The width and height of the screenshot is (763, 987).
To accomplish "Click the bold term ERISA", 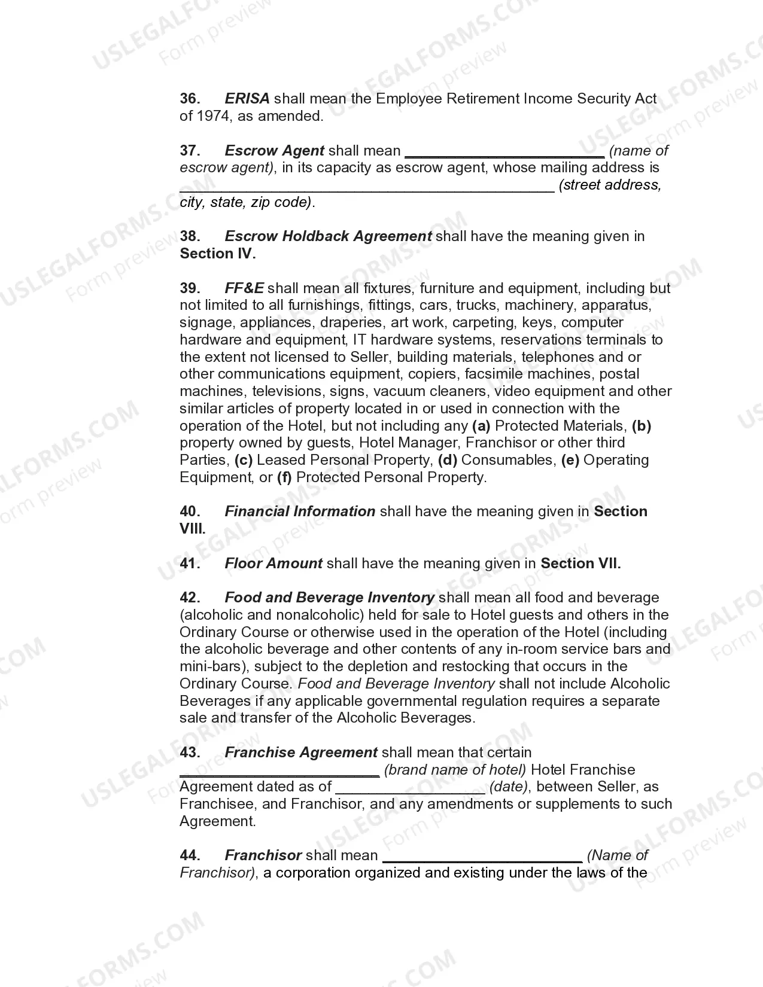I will [247, 99].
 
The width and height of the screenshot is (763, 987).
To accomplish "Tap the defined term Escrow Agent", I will [274, 151].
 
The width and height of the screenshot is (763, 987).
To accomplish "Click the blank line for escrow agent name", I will [504, 152].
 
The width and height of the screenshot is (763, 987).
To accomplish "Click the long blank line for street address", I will [366, 187].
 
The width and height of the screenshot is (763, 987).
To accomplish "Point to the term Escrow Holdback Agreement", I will [327, 236].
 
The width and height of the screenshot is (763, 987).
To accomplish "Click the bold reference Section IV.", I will [218, 254].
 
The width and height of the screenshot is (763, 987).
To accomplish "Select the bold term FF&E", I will [244, 288].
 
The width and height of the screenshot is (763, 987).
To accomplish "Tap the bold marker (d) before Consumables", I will [447, 460].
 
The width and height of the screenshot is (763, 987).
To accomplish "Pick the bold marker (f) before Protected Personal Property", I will [284, 477].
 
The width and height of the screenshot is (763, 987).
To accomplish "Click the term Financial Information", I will [299, 511].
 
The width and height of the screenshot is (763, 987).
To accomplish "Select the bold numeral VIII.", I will [192, 529].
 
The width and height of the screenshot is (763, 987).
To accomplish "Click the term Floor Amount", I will [273, 563].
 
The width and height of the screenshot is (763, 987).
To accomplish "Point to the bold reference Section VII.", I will [580, 563].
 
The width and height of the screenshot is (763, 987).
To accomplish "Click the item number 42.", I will [190, 598].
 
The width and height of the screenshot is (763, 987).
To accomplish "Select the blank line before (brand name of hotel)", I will [279, 771].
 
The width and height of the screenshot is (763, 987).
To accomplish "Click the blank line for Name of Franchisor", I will [482, 857].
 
